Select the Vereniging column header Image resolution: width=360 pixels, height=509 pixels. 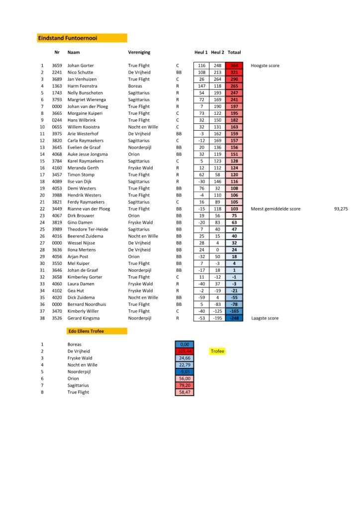[139, 52]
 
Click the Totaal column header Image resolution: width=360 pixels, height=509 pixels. [234, 52]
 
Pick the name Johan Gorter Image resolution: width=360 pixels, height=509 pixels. [81, 66]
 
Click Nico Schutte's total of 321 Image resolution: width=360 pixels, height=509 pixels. [234, 73]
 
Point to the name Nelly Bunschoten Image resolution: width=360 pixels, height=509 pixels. [85, 93]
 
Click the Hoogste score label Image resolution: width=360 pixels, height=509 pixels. [265, 66]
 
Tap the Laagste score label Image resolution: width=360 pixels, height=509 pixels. [265, 318]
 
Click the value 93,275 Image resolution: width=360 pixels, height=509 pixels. [341, 209]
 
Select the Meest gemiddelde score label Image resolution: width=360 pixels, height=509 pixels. [275, 209]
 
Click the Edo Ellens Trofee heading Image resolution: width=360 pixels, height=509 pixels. [86, 331]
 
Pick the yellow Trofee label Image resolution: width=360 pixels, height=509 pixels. [217, 351]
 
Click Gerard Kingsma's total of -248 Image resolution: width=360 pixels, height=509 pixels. [234, 318]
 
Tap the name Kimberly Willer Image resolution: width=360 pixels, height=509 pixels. [83, 311]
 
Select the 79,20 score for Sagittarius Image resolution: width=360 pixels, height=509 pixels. [184, 385]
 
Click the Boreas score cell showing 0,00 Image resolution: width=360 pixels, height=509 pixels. [184, 344]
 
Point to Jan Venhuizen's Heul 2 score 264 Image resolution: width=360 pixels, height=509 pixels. [217, 80]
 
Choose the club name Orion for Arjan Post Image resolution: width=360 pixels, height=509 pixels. [134, 256]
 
